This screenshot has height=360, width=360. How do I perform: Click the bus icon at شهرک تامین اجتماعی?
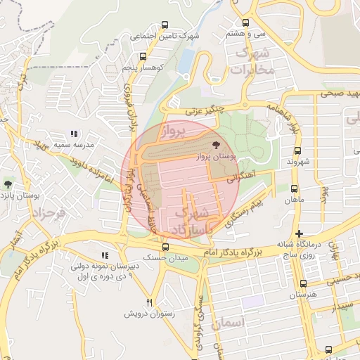tap(165, 25)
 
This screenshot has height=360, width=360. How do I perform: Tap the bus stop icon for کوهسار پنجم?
tap(143, 57)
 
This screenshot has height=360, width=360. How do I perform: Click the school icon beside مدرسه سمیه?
tap(74, 133)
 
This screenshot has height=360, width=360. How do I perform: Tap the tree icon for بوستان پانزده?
tap(8, 184)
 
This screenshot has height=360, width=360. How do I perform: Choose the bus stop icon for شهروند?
tap(297, 150)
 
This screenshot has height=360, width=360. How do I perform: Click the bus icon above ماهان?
tap(294, 188)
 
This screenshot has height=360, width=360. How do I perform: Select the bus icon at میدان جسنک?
tap(165, 247)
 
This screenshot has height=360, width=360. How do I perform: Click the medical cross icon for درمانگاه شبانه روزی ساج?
tap(300, 233)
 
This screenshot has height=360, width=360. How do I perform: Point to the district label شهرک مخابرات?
tap(252, 62)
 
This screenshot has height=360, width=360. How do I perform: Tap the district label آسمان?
tap(245, 323)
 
